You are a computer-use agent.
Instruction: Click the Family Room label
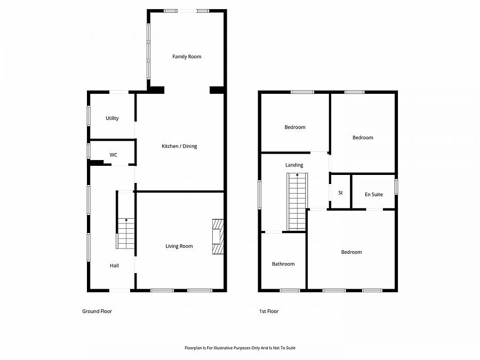pyautogui.click(x=187, y=57)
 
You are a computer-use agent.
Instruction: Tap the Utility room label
pyautogui.click(x=112, y=118)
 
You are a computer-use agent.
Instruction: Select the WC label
pyautogui.click(x=114, y=155)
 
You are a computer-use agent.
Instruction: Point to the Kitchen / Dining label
pyautogui.click(x=179, y=146)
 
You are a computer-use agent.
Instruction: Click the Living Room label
pyautogui.click(x=179, y=246)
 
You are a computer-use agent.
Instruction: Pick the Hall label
pyautogui.click(x=115, y=266)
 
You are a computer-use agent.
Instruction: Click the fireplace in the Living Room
pyautogui.click(x=217, y=238)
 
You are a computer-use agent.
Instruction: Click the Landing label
pyautogui.click(x=294, y=165)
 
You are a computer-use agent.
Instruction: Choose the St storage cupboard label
pyautogui.click(x=340, y=193)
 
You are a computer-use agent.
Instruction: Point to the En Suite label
pyautogui.click(x=374, y=195)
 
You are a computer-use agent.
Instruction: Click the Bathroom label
pyautogui.click(x=283, y=264)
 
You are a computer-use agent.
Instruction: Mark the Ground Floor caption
pyautogui.click(x=97, y=311)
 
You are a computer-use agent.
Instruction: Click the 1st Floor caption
pyautogui.click(x=269, y=311)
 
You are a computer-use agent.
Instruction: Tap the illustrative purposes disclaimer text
pyautogui.click(x=240, y=348)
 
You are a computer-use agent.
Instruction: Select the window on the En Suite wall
pyautogui.click(x=396, y=187)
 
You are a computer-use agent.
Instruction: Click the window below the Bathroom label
pyautogui.click(x=290, y=291)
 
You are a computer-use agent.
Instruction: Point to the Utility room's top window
pyautogui.click(x=119, y=92)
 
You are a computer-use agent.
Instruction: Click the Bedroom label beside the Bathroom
pyautogui.click(x=351, y=252)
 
